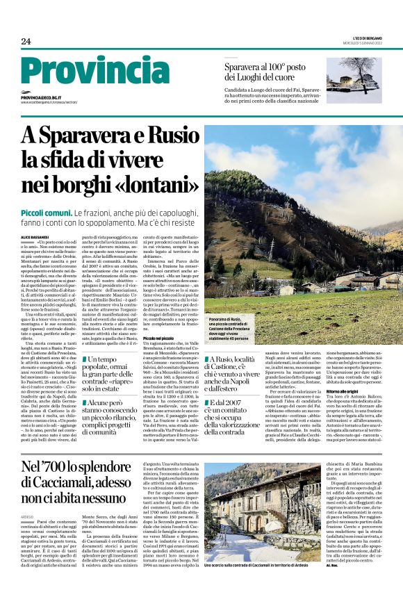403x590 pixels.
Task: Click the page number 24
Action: (x=26, y=42)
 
